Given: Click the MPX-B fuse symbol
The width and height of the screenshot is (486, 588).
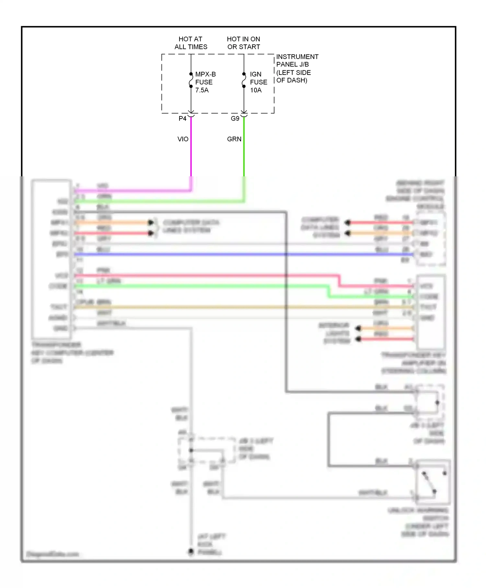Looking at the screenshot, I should pos(191,80).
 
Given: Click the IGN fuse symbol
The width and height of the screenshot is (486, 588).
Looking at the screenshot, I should pos(244,80).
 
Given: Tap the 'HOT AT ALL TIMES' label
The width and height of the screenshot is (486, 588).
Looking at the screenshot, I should pos(191,43).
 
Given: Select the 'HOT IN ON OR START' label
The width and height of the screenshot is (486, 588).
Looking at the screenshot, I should pos(244,43).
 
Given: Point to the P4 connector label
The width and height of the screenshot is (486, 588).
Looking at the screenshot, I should pos(182,119).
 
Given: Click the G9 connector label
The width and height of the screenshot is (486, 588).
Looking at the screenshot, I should pos(235,119).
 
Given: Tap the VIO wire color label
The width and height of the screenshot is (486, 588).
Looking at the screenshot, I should pos(183,139).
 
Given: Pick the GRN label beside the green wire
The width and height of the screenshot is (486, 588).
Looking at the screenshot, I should pos(234,139).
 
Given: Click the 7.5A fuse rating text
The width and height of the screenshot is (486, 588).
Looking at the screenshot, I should pos(202,90).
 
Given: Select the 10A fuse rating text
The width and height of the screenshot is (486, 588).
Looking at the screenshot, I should pos(256,90).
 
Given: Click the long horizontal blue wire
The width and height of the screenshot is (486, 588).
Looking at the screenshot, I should pos(227,254).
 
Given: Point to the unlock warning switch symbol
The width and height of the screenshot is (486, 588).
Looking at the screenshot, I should pos(433,482).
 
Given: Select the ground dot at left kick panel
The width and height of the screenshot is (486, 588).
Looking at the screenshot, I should pos(191,551).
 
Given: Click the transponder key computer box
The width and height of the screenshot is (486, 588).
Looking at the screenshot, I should pos(51,259).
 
